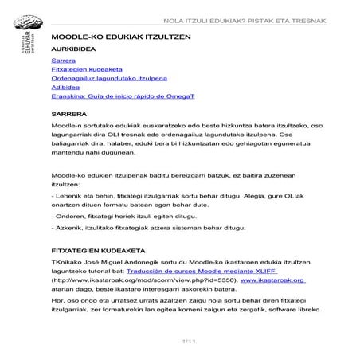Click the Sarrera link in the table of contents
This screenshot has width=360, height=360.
tap(63, 61)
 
